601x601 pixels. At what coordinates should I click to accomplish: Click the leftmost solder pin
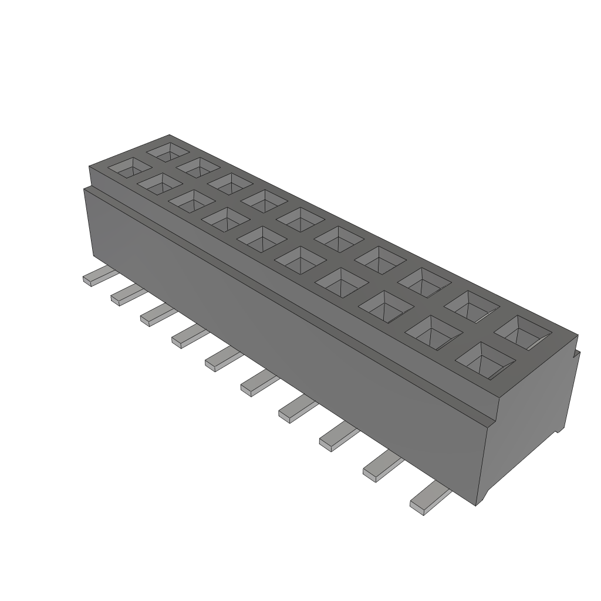[x=96, y=276]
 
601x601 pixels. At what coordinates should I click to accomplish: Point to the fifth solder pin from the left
[x=221, y=359]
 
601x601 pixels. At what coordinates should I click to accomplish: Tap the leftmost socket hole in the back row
[x=168, y=152]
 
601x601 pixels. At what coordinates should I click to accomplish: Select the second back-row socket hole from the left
[x=198, y=167]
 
